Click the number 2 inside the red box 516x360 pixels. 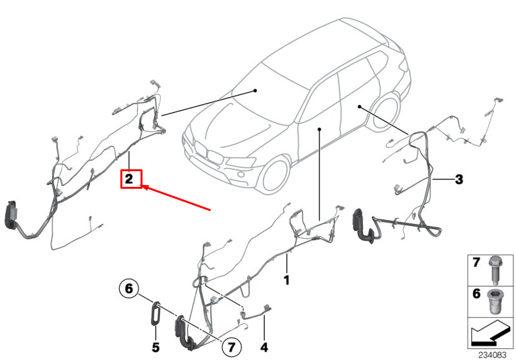pos(129,179)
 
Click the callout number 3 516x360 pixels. pos(459,179)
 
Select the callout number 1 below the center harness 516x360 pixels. pos(286,280)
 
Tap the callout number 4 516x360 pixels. pos(264,347)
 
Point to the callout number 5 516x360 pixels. pos(156,347)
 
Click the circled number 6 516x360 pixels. pos(129,288)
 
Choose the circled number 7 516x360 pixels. pos(232,347)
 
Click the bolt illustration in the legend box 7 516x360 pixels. pos(495,270)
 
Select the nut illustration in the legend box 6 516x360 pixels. pos(494,301)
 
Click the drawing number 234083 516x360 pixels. pos(493,355)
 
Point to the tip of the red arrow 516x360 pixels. pos(142,186)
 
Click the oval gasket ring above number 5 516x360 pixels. pos(156,313)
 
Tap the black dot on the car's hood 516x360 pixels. pos(255,90)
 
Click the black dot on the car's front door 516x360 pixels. pos(319,130)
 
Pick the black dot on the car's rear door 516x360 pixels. pos(360,107)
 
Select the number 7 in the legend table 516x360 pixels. pos(476,262)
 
